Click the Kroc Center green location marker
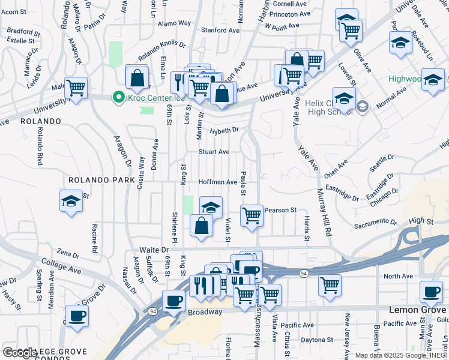(119, 97)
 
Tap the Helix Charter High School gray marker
(362, 106)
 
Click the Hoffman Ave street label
(218, 182)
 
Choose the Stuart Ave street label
(214, 152)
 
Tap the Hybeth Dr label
(224, 130)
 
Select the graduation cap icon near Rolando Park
(71, 200)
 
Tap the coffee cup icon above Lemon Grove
(431, 291)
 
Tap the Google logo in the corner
(20, 353)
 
